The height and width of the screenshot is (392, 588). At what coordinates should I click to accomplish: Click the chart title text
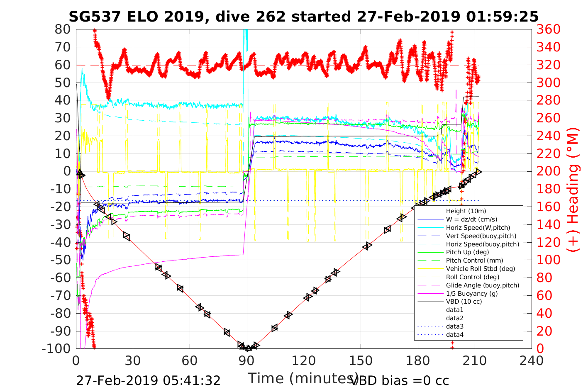click(303, 17)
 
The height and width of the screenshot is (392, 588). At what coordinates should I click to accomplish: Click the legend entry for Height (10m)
click(466, 211)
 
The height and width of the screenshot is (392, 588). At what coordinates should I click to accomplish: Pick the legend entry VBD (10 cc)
click(464, 302)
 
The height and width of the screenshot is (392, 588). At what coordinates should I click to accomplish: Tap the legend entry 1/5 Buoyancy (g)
click(472, 293)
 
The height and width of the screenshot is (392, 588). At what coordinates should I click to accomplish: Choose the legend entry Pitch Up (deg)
click(467, 252)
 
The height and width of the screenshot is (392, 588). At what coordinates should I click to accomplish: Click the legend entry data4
click(455, 335)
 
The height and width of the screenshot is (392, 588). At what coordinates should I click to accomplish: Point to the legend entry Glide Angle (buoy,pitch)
click(483, 285)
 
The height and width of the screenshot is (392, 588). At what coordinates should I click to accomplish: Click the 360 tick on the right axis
click(548, 29)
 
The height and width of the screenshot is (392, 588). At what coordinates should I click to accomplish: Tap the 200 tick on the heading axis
click(548, 171)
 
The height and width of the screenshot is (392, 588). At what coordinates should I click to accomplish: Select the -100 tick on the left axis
click(56, 348)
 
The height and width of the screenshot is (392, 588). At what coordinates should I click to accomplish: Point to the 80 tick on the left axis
click(63, 29)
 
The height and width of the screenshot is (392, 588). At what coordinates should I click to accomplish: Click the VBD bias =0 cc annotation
click(400, 380)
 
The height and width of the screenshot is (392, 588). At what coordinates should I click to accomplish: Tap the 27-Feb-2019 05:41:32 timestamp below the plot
click(148, 380)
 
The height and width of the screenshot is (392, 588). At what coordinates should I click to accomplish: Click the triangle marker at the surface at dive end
click(478, 171)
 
